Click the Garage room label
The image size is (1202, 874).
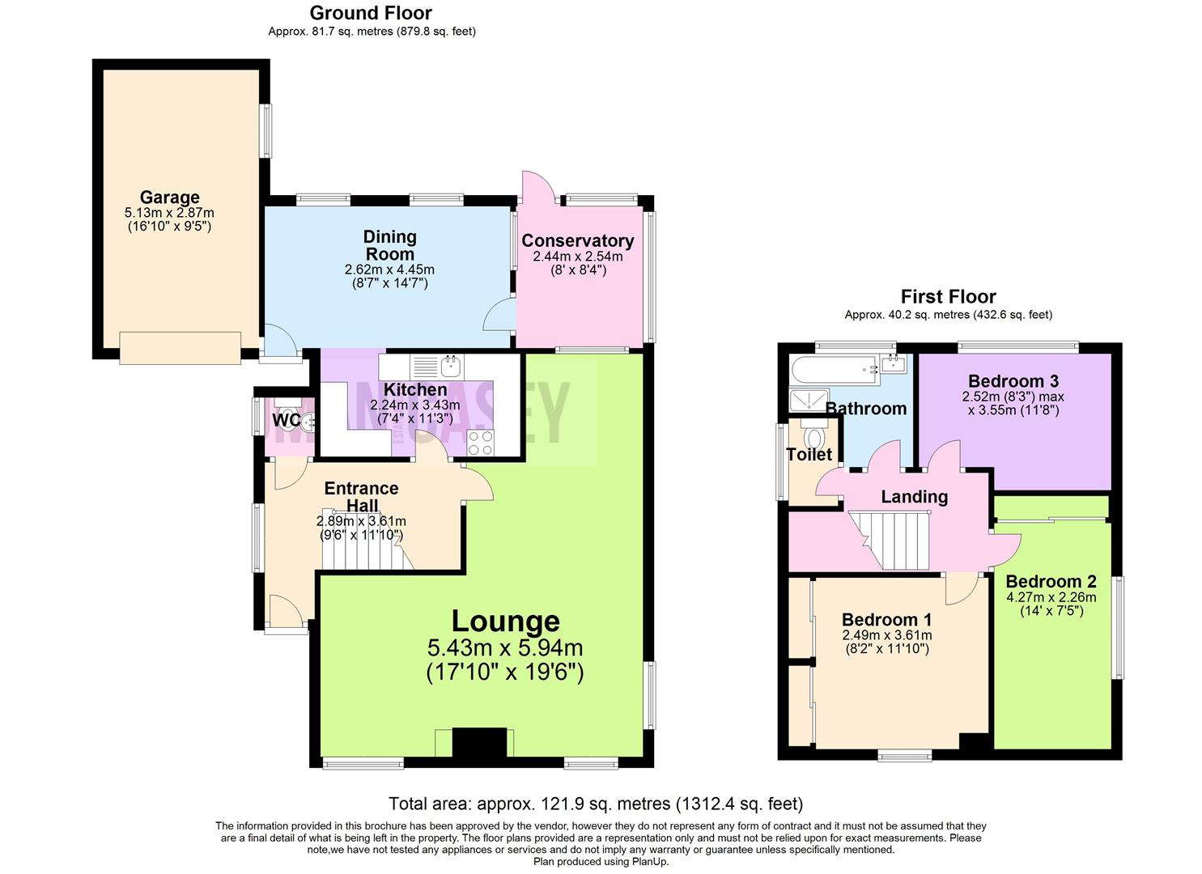(x=169, y=197)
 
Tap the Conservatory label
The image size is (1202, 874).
(x=577, y=240)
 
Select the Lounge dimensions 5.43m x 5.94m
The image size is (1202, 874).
(x=505, y=648)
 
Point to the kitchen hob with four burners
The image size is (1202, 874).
(x=480, y=442)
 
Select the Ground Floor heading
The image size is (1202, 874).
(x=371, y=13)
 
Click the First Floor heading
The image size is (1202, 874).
(x=948, y=296)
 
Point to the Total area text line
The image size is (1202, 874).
(x=596, y=804)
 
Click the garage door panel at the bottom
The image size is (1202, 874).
(x=180, y=347)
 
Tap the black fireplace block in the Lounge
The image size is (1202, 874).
(x=478, y=742)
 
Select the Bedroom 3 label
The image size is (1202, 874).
(x=1013, y=381)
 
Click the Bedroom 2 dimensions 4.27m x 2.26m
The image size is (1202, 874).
(x=1051, y=598)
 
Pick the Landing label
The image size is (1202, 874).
(x=914, y=497)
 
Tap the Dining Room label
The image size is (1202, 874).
(x=389, y=244)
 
